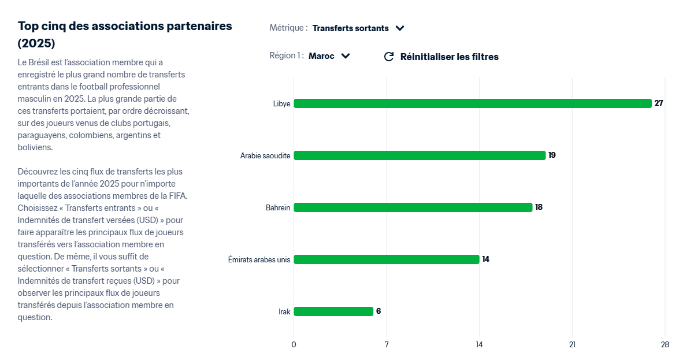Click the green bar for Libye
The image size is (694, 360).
[472, 103]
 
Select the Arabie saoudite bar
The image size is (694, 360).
[420, 155]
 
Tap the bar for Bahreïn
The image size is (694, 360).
[413, 207]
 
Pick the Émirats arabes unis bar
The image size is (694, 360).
[387, 259]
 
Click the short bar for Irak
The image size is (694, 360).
[333, 311]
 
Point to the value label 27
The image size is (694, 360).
[659, 103]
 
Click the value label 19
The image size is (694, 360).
[552, 155]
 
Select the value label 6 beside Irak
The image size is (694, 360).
[378, 311]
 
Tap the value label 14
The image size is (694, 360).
[486, 259]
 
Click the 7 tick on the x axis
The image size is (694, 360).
[387, 345]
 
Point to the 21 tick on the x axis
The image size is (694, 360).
[572, 345]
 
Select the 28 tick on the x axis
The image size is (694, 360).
[665, 345]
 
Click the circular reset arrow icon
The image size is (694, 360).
[389, 57]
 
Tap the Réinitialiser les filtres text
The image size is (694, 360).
[449, 57]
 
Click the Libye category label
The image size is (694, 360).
[282, 103]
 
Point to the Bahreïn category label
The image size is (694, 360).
[278, 207]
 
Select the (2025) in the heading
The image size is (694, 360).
[36, 43]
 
